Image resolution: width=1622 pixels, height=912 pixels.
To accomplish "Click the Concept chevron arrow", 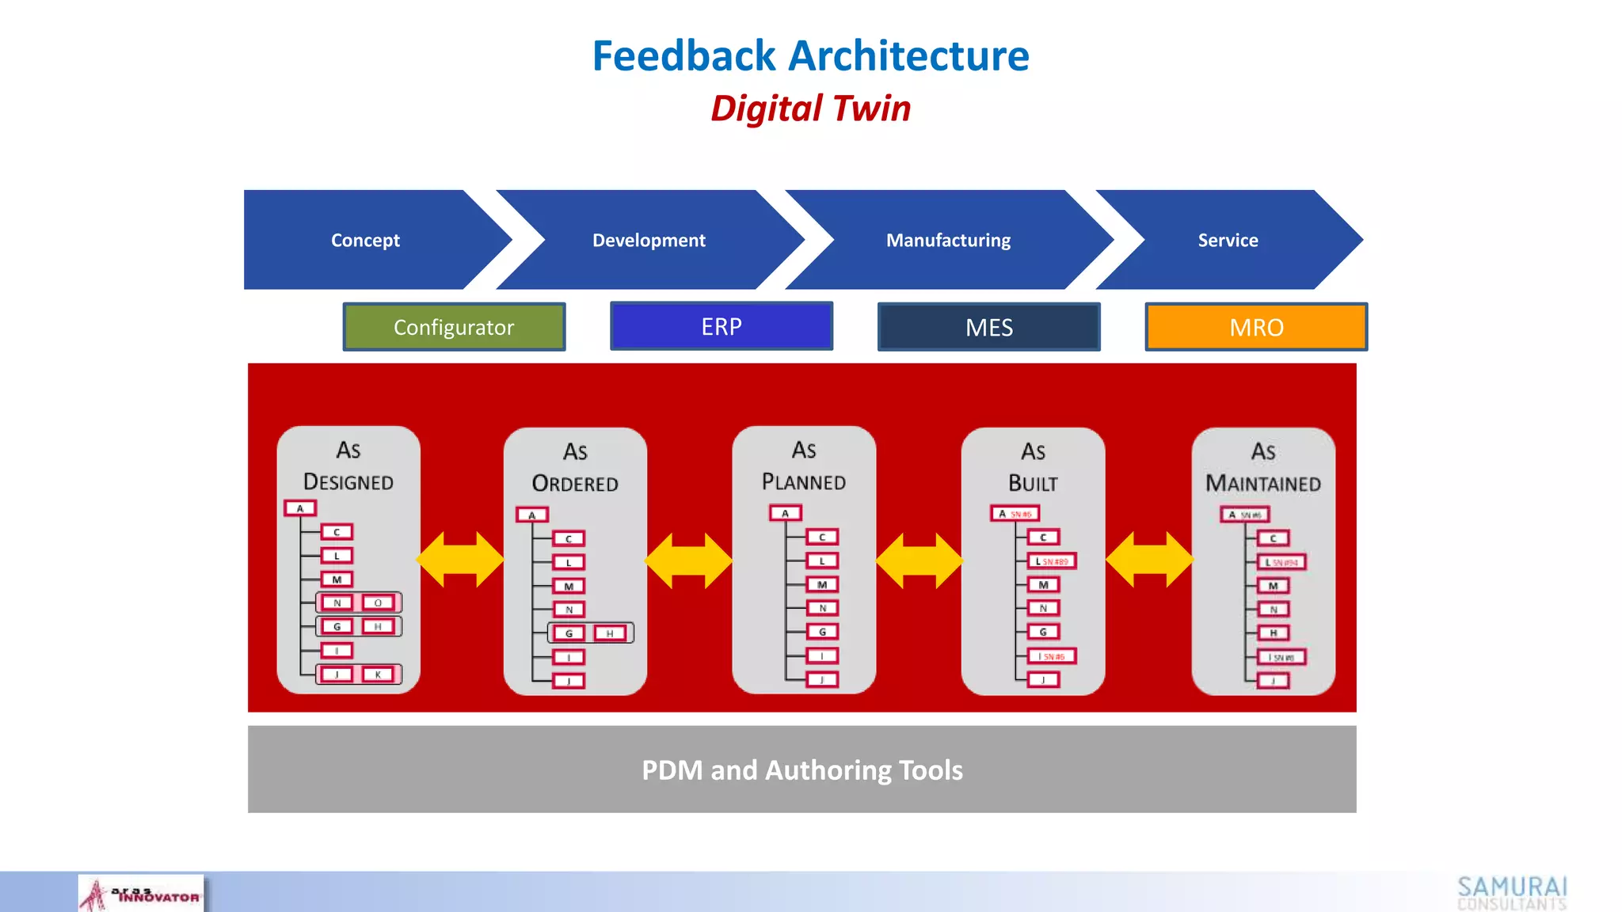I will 366,240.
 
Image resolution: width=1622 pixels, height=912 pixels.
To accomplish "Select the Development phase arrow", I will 649,240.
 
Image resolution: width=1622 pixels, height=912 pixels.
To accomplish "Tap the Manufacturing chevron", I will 948,240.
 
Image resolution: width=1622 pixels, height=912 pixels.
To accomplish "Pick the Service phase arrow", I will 1228,240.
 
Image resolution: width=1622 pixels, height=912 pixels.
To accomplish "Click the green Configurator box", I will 454,327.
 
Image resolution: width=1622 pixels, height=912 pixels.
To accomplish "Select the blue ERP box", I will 722,326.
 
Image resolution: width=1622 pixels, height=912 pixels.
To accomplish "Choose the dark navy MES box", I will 988,327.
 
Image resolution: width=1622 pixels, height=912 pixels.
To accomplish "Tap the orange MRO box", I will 1256,327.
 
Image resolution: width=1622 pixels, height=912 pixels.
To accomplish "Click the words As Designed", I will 348,466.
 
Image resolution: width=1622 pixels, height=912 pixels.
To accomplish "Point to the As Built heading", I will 1033,468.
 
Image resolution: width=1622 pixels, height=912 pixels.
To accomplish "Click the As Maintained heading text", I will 1263,468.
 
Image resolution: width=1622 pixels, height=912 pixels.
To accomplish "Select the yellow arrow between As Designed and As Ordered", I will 460,560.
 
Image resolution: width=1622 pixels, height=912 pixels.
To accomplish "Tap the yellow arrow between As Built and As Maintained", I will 1149,560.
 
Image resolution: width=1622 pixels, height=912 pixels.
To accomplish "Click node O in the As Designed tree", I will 378,603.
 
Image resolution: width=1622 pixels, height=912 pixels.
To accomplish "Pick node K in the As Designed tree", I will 378,674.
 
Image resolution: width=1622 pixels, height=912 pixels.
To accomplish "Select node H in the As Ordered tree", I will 610,633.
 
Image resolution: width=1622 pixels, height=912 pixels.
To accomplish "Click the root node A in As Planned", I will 785,514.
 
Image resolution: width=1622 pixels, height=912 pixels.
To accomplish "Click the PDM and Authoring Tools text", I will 801,770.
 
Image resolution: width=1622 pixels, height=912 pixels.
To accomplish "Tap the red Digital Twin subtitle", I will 810,108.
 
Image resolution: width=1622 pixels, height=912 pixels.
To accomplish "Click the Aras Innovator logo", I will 141,895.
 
